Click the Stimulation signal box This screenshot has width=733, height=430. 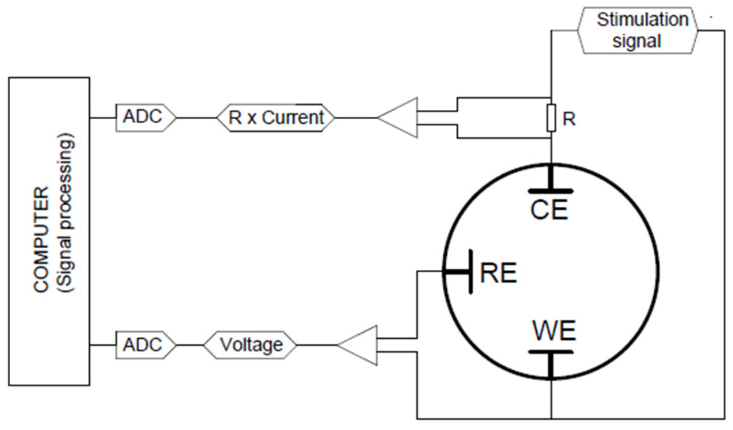pyautogui.click(x=637, y=30)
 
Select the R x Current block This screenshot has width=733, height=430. pyautogui.click(x=276, y=118)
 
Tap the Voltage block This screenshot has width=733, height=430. pyautogui.click(x=250, y=345)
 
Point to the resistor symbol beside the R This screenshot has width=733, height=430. pyautogui.click(x=551, y=118)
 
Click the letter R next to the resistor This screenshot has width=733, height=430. pyautogui.click(x=569, y=119)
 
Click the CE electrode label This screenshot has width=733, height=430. pyautogui.click(x=549, y=210)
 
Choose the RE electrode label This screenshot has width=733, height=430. pyautogui.click(x=498, y=273)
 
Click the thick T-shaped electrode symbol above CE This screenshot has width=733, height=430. pyautogui.click(x=550, y=184)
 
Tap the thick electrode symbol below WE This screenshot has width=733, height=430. pyautogui.click(x=550, y=361)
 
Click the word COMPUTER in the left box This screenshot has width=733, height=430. pyautogui.click(x=41, y=239)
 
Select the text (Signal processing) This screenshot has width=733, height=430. pyautogui.click(x=65, y=213)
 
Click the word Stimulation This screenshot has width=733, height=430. pyautogui.click(x=642, y=20)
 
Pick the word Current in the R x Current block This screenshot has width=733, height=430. pyautogui.click(x=292, y=118)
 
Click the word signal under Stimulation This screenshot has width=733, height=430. pyautogui.click(x=636, y=41)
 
